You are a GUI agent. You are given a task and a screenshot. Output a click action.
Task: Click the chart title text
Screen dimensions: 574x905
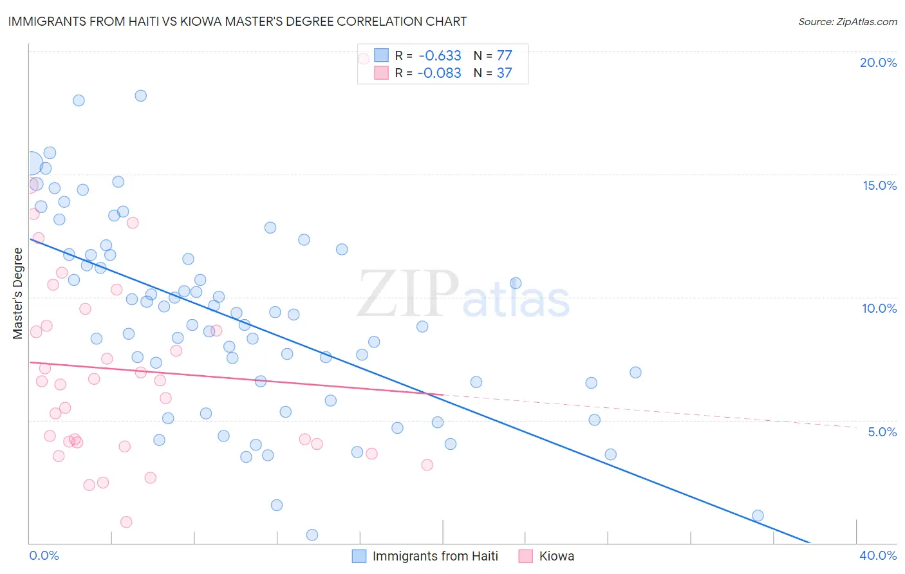coord(238,21)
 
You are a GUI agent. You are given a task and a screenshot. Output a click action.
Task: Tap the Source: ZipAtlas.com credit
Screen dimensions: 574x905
coord(847,21)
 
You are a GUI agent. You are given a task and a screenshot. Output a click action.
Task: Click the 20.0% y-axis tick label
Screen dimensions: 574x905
coord(878,62)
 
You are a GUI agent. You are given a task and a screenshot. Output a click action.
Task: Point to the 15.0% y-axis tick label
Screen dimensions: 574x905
coord(879,185)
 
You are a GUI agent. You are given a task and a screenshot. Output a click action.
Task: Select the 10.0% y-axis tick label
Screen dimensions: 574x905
coord(879,308)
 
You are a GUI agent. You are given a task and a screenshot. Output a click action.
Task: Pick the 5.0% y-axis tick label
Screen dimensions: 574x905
coord(882,432)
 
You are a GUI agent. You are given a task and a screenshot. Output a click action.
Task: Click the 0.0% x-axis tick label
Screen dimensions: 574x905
coord(44,555)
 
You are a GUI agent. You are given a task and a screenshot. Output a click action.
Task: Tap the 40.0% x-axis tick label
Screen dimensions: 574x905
coord(878,555)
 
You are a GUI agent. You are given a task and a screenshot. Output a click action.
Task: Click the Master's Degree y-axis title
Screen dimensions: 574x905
coord(18,293)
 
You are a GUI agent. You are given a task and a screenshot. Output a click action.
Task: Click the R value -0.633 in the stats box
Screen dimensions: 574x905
coord(440,55)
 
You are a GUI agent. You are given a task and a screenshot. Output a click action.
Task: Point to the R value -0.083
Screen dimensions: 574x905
coord(440,73)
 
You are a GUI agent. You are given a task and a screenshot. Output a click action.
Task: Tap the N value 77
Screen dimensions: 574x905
coord(504,55)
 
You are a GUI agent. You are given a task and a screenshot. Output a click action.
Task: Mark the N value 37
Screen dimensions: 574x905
coord(504,73)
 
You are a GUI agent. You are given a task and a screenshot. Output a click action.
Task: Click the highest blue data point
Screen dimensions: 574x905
coord(140,96)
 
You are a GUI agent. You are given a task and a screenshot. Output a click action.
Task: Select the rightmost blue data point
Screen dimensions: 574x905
coord(758,515)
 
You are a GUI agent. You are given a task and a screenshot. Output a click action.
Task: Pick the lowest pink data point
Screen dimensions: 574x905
coord(126,522)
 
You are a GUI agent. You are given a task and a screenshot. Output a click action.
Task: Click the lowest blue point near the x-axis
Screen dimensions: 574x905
coord(312,535)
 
